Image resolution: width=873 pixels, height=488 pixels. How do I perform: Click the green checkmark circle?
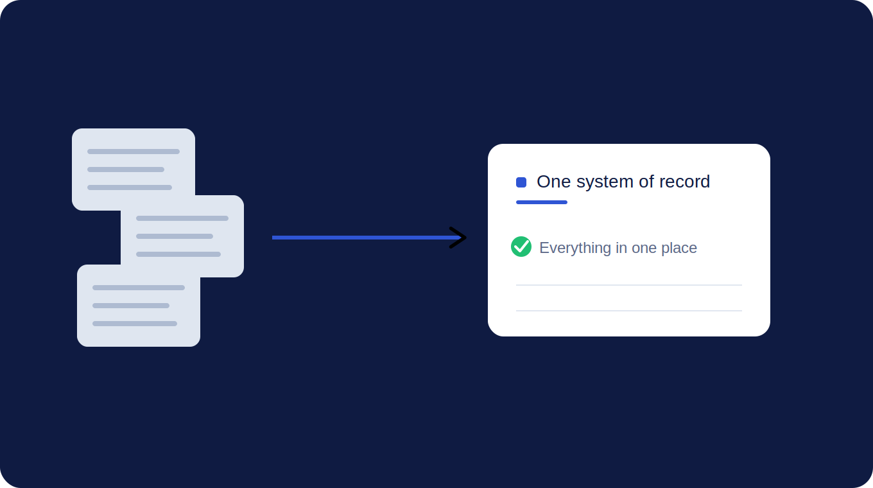521,247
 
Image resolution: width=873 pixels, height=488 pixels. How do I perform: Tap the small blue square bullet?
521,182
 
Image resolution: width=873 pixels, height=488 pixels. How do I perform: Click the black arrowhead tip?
466,238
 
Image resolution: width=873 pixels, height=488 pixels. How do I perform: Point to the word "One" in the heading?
554,182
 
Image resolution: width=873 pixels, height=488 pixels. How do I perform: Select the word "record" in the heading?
684,182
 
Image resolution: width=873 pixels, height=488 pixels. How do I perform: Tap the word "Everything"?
575,248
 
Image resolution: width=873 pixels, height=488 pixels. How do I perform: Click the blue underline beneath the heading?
542,202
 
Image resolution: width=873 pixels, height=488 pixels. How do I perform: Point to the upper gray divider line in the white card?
629,285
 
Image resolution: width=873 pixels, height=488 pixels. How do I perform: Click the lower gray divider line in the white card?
629,311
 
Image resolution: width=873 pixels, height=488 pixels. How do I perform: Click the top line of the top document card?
134,152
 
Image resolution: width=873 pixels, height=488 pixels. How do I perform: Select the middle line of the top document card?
126,170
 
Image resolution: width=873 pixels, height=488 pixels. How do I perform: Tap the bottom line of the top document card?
130,187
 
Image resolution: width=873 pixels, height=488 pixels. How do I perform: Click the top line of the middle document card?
182,218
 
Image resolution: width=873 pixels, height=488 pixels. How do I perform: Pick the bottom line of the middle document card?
178,254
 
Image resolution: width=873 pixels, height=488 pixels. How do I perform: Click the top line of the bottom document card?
139,288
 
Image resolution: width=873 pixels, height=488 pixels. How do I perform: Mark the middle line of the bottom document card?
130,306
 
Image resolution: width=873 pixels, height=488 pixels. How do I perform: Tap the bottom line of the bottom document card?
134,324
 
